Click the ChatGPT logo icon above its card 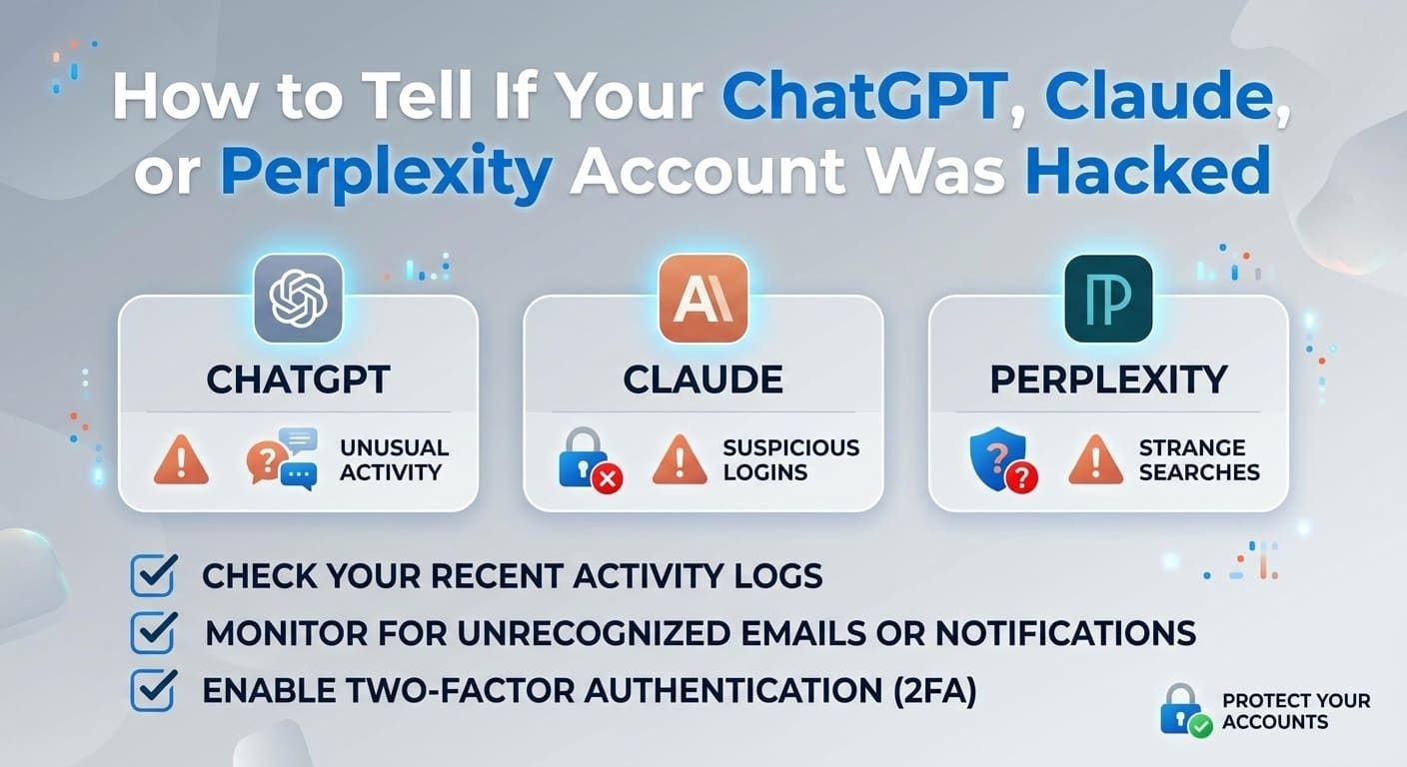[x=299, y=299]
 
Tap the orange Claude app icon [x=703, y=299]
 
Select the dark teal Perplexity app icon [x=1108, y=299]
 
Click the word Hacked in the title [x=1148, y=170]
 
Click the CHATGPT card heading [x=299, y=380]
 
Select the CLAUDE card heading [x=703, y=380]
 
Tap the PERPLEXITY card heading [x=1108, y=380]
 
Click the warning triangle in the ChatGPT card [x=181, y=460]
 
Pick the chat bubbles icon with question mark [x=282, y=458]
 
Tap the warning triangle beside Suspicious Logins [x=680, y=460]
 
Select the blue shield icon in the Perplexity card [x=1003, y=460]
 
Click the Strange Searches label [x=1199, y=460]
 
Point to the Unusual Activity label [x=395, y=460]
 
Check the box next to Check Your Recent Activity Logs [x=153, y=575]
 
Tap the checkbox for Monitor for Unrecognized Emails [x=153, y=633]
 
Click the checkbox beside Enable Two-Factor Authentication [x=153, y=690]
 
